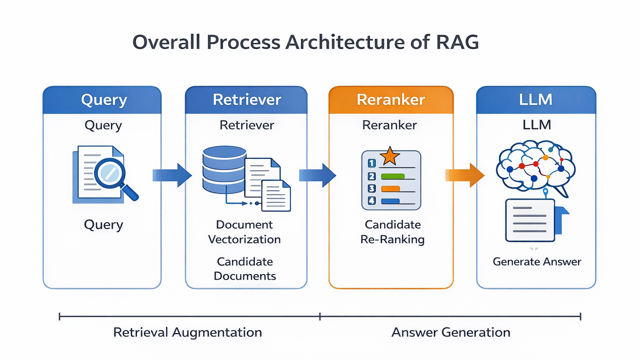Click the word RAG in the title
click(457, 42)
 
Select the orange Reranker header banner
click(391, 100)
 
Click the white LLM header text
click(536, 100)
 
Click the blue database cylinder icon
click(224, 170)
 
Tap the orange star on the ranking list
click(390, 156)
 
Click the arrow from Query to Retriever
click(172, 175)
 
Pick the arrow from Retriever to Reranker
click(317, 175)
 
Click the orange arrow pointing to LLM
click(465, 175)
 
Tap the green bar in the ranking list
click(393, 176)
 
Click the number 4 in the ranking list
click(371, 200)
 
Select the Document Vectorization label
click(244, 232)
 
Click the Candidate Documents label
click(245, 269)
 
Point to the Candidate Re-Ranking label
click(392, 232)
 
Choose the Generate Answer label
click(537, 262)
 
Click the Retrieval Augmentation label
click(188, 332)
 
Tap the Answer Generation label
click(451, 332)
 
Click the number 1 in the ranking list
click(371, 163)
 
